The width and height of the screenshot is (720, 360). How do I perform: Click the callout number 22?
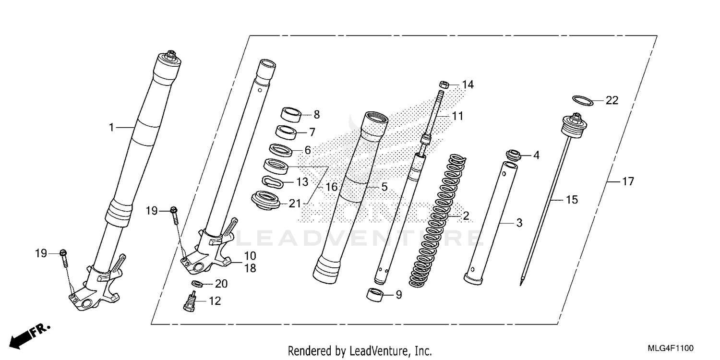point(612,100)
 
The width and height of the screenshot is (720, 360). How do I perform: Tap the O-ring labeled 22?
point(582,100)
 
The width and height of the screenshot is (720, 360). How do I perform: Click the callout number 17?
point(628,182)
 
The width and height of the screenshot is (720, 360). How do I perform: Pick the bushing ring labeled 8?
point(291,114)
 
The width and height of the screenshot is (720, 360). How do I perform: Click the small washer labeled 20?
point(196,284)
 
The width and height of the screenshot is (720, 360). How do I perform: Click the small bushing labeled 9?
point(376,294)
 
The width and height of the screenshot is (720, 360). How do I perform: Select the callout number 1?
point(111,127)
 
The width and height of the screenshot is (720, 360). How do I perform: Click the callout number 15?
point(572,199)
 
